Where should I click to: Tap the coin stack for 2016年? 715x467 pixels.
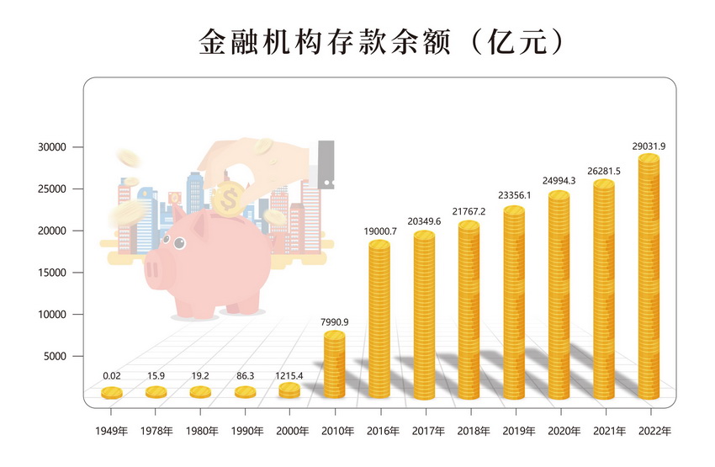pyautogui.click(x=379, y=320)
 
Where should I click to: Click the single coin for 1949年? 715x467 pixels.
pyautogui.click(x=112, y=393)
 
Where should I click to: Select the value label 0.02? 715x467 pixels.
pyautogui.click(x=112, y=375)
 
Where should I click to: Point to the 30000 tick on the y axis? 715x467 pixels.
pyautogui.click(x=51, y=147)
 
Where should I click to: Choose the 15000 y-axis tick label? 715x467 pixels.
pyautogui.click(x=51, y=273)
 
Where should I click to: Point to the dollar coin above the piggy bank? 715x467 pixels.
pyautogui.click(x=228, y=199)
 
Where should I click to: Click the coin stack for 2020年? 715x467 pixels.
pyautogui.click(x=559, y=295)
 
